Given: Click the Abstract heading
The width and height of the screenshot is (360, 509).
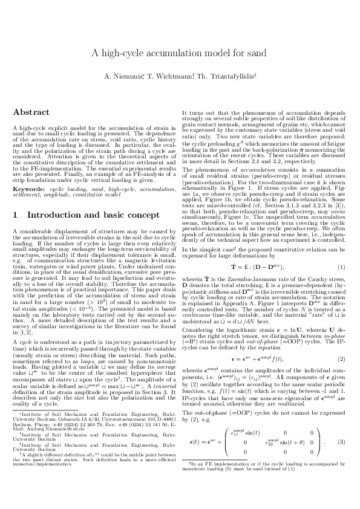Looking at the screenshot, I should coord(31,112).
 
